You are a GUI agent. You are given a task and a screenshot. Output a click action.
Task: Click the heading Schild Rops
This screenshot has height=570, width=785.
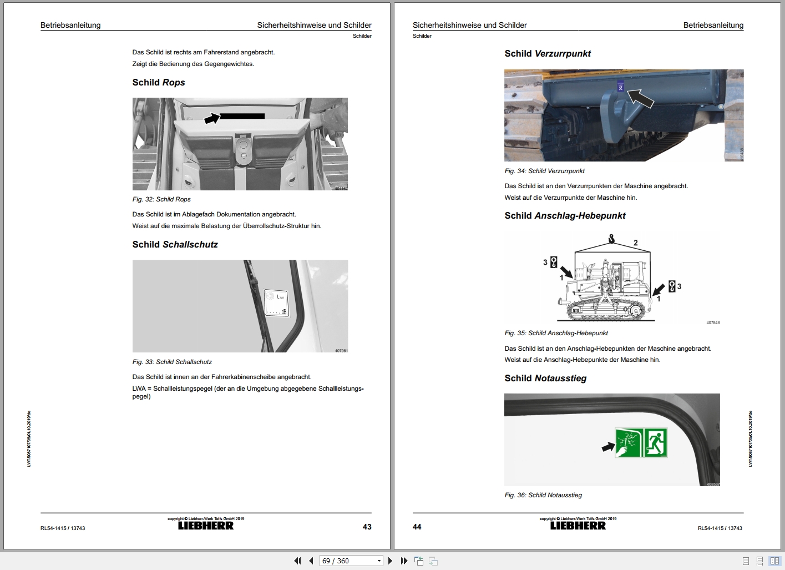pos(159,83)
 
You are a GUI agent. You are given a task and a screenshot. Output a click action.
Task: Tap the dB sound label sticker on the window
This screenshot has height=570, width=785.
pos(276,303)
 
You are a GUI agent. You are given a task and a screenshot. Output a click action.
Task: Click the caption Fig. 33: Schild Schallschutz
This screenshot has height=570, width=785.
pos(172,362)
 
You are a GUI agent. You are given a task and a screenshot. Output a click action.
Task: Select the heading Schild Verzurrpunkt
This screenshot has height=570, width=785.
pos(547,54)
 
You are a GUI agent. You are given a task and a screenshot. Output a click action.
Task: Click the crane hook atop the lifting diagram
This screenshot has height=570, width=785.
pos(611,240)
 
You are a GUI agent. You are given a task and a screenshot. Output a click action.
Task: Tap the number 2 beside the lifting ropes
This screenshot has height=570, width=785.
pos(636,243)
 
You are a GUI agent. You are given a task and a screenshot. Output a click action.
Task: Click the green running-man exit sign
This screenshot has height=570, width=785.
pos(655,443)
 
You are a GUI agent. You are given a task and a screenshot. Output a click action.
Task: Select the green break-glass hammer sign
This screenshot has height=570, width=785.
pos(629,443)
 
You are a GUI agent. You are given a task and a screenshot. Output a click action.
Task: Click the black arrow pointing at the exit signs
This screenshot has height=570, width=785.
pos(608,446)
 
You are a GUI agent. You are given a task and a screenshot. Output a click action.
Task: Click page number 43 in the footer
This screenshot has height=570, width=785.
pos(367,527)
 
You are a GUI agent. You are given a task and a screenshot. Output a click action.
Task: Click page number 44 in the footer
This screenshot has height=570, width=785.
pos(417,527)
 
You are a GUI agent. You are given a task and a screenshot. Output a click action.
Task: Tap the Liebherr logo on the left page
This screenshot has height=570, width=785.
pos(206,526)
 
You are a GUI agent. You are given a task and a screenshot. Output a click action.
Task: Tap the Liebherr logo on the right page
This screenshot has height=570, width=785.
pos(578,526)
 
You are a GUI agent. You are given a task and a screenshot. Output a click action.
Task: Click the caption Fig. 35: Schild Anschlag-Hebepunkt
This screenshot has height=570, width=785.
pos(556,333)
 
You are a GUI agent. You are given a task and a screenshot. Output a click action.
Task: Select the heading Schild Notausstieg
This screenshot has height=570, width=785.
pos(545,379)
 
